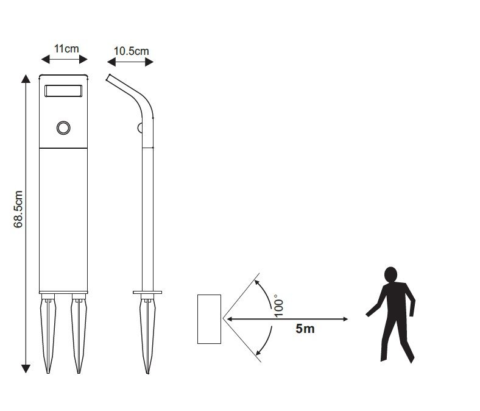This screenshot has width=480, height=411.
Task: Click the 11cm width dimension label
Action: (66, 49)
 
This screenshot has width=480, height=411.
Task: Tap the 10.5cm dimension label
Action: (132, 51)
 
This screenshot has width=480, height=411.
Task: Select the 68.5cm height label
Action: (18, 209)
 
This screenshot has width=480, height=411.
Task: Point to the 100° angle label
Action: (278, 306)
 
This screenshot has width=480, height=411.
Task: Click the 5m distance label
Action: (305, 329)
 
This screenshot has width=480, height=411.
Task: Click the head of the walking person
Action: (391, 274)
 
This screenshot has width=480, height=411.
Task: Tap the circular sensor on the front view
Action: (63, 127)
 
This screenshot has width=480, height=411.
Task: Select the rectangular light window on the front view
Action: (63, 91)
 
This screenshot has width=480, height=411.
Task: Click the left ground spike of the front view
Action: (48, 334)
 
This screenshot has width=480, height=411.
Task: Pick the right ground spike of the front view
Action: (79, 334)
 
